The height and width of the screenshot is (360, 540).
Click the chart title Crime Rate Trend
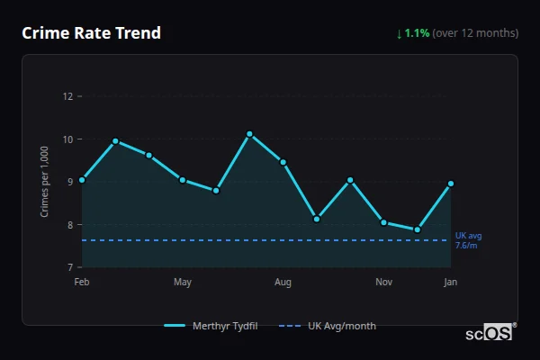(x=91, y=33)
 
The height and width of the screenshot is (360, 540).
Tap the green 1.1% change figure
(x=417, y=33)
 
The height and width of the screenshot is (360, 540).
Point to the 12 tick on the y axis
(x=67, y=96)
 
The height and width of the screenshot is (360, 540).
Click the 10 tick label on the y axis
(x=67, y=139)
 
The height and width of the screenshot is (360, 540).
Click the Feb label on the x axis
(x=82, y=283)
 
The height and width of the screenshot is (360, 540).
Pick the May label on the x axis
(x=183, y=283)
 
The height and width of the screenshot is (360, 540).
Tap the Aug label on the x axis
(x=283, y=283)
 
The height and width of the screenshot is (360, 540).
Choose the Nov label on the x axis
(x=384, y=283)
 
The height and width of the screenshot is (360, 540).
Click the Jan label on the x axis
(x=450, y=283)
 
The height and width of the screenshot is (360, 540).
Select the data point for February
(x=82, y=180)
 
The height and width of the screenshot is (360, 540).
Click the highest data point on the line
(x=249, y=134)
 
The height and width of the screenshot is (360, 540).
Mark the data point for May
(x=183, y=180)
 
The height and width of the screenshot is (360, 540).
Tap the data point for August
(x=283, y=162)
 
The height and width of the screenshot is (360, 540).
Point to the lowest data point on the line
(x=418, y=229)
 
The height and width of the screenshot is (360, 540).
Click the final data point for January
(x=450, y=184)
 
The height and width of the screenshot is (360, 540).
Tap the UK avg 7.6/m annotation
(x=468, y=240)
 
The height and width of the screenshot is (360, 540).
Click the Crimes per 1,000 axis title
(x=45, y=182)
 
